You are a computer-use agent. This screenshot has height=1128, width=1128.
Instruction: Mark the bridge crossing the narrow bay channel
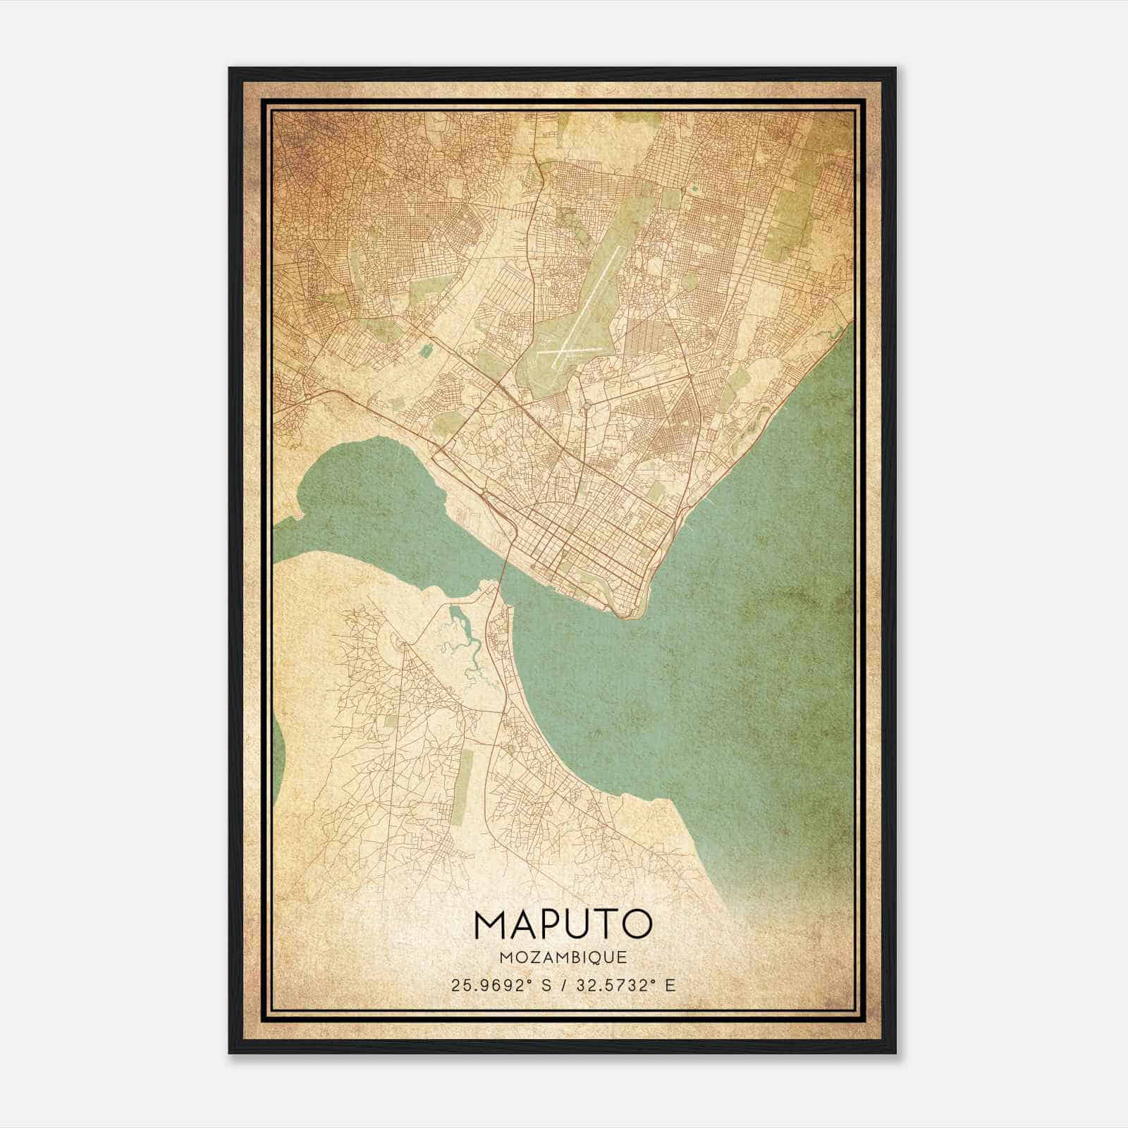pyautogui.click(x=502, y=570)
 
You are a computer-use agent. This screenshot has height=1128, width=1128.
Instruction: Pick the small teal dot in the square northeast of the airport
pyautogui.click(x=694, y=188)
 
